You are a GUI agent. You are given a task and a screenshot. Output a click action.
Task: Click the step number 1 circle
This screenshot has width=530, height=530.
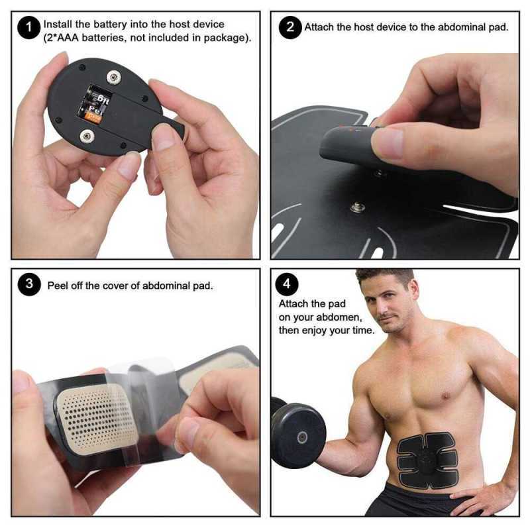[28, 28]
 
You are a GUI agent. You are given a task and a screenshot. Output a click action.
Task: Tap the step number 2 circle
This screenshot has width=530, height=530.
[290, 28]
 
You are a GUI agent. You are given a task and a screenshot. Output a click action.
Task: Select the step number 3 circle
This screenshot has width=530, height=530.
[28, 285]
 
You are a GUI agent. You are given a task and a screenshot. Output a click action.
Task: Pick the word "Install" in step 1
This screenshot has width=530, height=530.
[58, 25]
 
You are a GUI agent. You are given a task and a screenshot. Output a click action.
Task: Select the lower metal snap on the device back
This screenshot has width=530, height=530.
[86, 136]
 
